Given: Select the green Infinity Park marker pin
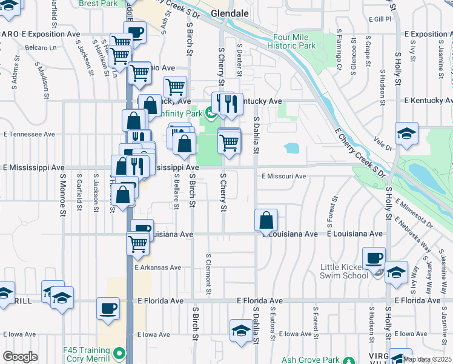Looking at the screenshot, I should coord(210,112).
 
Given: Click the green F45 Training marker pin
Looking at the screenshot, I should coord(120,352).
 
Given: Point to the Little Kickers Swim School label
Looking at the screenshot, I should coord(345,271).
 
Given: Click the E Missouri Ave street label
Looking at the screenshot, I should coord(284,176).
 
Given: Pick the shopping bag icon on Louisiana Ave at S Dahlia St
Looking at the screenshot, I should coord(266,220).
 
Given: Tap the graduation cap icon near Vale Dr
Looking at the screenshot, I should coord(406,133).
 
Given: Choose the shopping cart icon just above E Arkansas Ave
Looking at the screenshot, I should coord(137,243).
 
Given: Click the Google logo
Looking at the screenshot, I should coord(20,357).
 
